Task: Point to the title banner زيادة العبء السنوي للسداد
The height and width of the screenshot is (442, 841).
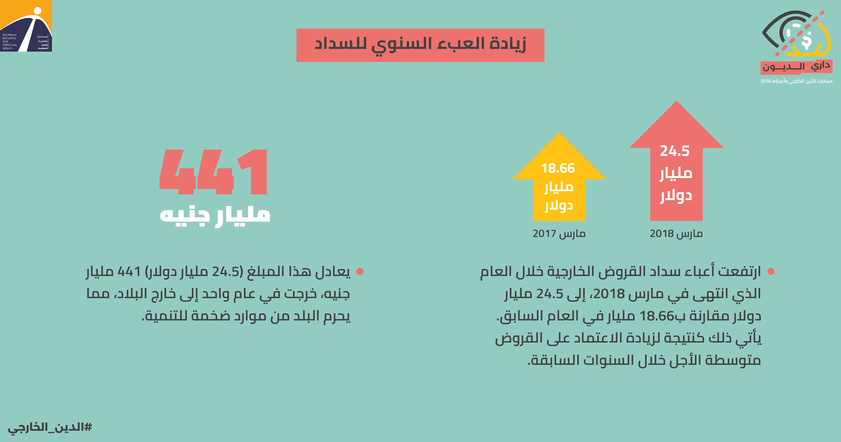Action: [x=420, y=45]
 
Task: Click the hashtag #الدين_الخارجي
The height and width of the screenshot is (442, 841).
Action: [x=50, y=427]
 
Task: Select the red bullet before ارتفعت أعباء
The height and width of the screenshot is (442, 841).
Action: [x=771, y=271]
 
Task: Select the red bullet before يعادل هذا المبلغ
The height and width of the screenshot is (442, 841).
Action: [x=360, y=271]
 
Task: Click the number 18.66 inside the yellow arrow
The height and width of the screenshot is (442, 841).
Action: [x=558, y=168]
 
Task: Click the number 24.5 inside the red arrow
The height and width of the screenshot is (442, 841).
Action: [x=675, y=151]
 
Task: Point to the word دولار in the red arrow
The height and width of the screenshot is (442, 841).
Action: [x=676, y=196]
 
